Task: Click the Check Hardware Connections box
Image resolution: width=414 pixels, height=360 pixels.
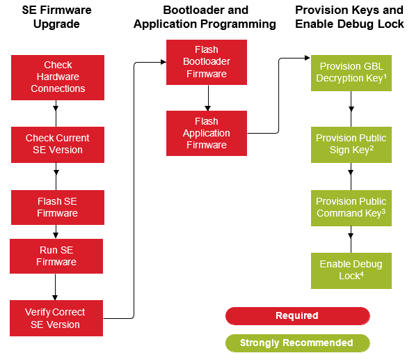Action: click(x=58, y=77)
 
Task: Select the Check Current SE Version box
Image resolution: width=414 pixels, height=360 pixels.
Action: click(x=58, y=144)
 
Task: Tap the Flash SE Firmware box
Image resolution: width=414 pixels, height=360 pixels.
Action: click(x=58, y=208)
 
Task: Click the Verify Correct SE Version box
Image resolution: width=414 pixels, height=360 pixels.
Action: click(x=57, y=318)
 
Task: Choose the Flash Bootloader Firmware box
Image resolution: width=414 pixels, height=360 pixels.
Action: click(x=207, y=62)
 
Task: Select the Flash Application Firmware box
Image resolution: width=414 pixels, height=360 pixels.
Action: click(x=207, y=133)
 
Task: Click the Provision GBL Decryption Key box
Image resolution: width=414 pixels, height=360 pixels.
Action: click(x=351, y=72)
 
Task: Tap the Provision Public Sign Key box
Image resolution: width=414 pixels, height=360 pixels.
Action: click(x=351, y=144)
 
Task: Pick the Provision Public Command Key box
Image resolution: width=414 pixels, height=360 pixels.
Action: click(x=351, y=208)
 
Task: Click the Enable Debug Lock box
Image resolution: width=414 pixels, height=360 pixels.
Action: click(x=351, y=270)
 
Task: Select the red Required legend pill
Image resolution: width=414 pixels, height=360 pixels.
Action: click(x=297, y=316)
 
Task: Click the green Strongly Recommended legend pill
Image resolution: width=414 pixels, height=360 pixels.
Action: click(x=297, y=343)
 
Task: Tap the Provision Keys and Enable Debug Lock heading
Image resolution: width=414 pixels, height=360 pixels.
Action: click(x=349, y=17)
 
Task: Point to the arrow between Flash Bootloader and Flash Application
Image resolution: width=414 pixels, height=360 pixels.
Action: click(x=207, y=97)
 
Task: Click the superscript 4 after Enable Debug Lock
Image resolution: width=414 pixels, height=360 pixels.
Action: click(x=362, y=274)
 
